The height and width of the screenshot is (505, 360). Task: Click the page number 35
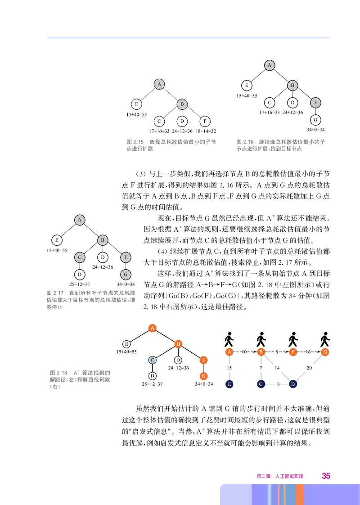coord(326,476)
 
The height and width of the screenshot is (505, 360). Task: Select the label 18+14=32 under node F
coord(206,131)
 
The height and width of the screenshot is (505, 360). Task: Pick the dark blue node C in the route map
coord(261,384)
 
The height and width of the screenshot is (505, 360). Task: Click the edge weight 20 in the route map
coord(309,368)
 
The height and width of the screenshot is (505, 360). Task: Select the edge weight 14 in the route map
coord(278,368)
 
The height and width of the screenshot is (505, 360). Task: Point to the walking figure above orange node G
coord(324,338)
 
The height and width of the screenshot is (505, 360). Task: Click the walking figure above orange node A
coord(229,338)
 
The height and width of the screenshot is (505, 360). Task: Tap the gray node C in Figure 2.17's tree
coord(79,257)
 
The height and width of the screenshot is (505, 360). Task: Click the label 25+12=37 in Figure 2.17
coord(79,284)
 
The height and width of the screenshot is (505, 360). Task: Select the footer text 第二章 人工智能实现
coord(280,476)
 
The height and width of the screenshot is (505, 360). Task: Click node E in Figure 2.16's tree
coord(246,85)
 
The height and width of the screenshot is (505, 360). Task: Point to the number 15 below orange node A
coord(229,368)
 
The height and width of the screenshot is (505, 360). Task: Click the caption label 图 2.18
coord(58,373)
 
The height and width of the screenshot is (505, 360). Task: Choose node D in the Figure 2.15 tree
coord(181,121)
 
